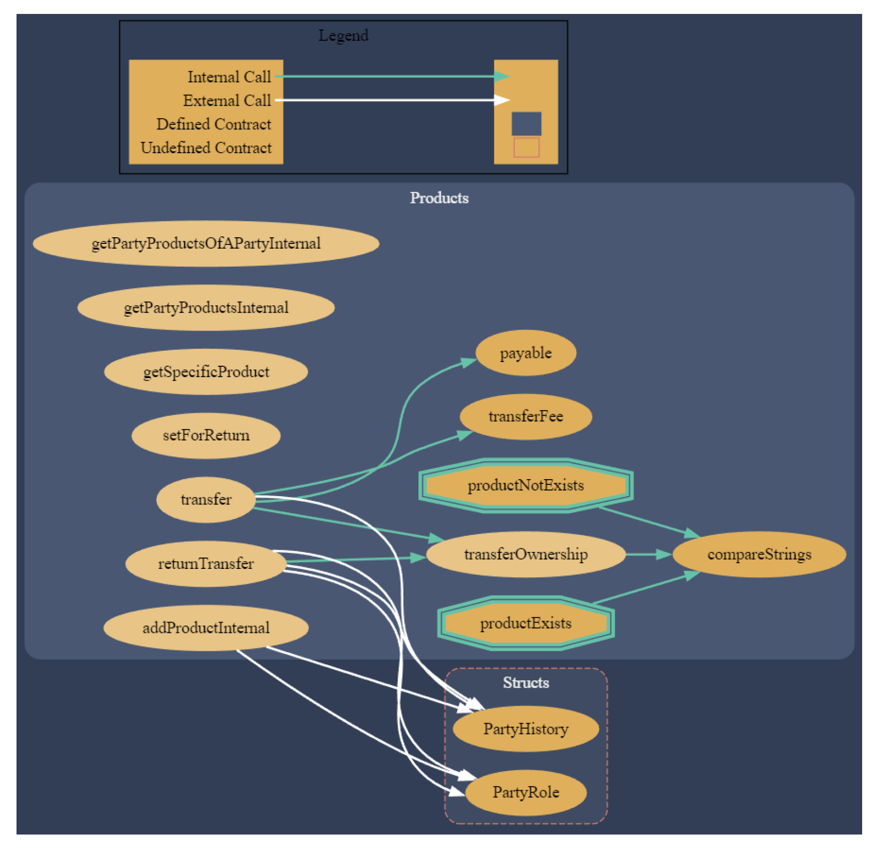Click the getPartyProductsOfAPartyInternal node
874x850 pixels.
pos(206,243)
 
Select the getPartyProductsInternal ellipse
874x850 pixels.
pos(206,308)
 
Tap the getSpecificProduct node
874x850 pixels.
pos(206,372)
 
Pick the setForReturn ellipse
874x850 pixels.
pos(206,435)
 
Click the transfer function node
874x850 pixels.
pos(206,499)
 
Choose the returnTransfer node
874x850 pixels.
pos(206,564)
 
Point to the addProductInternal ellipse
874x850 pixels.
pos(206,628)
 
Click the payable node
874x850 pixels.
pos(525,353)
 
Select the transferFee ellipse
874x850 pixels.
pos(525,417)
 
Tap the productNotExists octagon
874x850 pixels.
pos(525,485)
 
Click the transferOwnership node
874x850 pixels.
pos(525,554)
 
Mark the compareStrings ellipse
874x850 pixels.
pos(759,554)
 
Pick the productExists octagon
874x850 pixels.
pos(525,623)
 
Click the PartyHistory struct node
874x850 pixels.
pos(525,729)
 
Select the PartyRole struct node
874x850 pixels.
pos(525,792)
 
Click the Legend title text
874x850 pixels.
pos(343,36)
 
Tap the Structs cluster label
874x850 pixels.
pos(525,683)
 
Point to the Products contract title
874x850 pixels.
pos(439,198)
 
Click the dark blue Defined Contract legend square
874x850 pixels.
pos(526,124)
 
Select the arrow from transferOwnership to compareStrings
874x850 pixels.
pos(648,554)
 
